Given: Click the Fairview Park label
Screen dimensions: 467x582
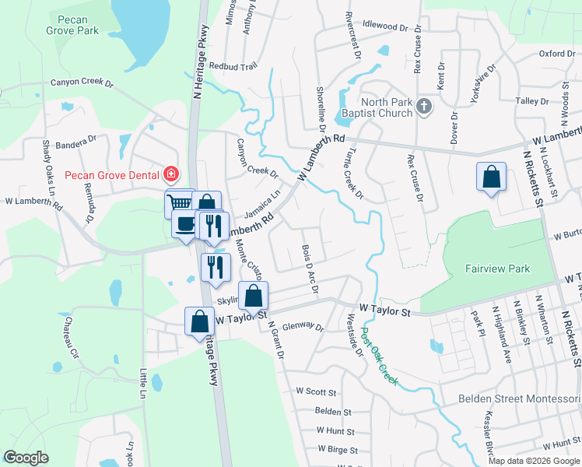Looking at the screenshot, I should click(x=498, y=269).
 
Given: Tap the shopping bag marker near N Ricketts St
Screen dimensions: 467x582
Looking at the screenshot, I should click(x=492, y=177).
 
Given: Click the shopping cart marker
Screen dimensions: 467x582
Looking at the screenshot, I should click(x=180, y=203).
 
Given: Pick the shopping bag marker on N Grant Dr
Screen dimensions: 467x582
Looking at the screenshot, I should click(x=254, y=297).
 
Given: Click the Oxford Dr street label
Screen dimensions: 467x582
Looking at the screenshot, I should click(x=556, y=54).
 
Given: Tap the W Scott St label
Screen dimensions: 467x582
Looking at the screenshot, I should click(x=315, y=392).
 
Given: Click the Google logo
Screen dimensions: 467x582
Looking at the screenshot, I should click(x=26, y=457).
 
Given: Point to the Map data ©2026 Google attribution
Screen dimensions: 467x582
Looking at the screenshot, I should click(x=534, y=461).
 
